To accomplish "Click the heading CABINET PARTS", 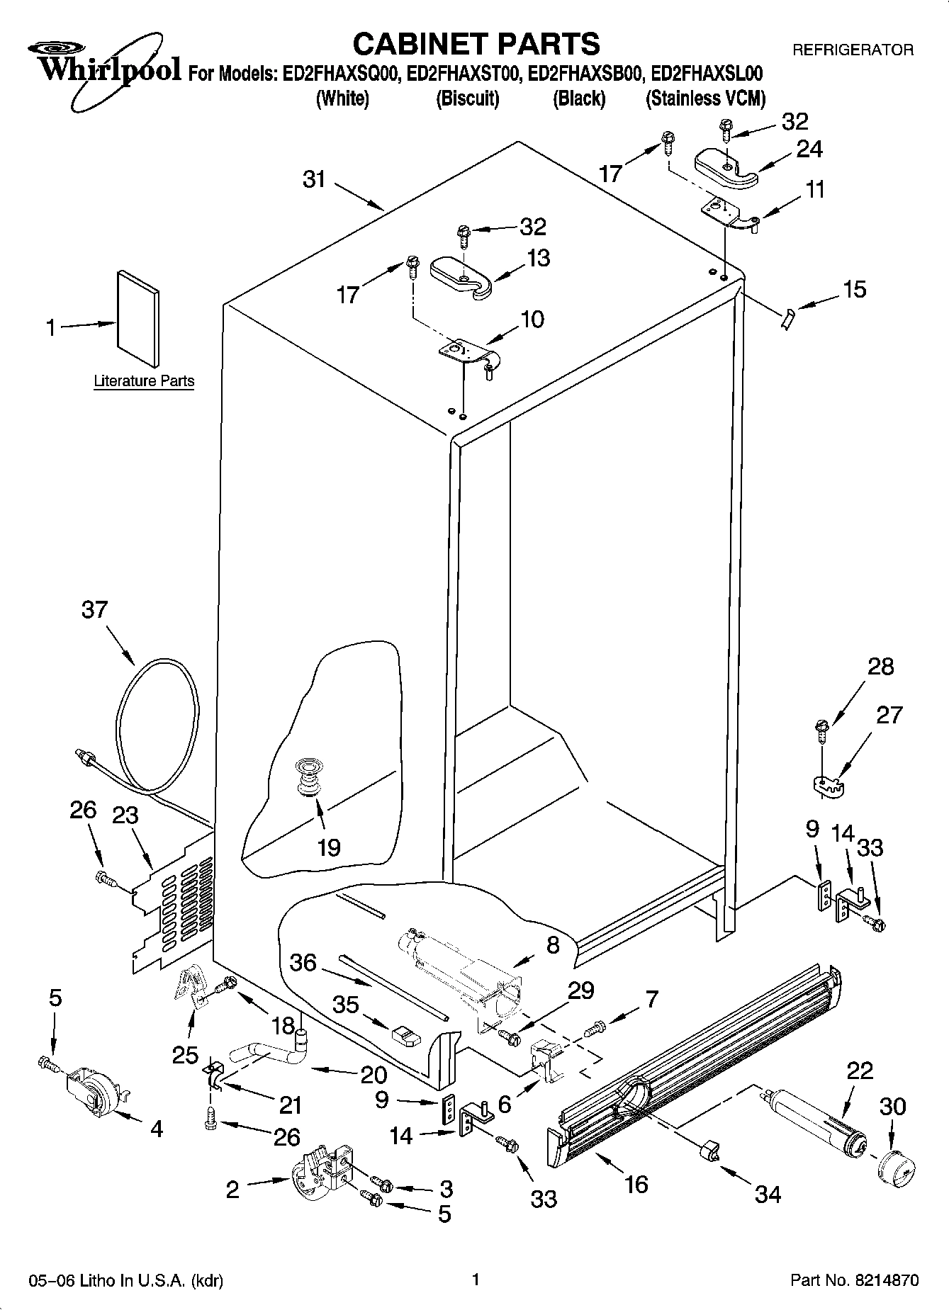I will click(476, 44).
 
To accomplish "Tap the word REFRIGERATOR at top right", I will click(853, 50).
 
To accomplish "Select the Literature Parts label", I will click(144, 381).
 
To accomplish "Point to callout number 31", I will click(314, 180).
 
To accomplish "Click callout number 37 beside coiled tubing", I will click(94, 609).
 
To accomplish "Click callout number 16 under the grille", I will click(636, 1183).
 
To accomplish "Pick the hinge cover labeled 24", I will click(726, 169).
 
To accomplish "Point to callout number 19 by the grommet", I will click(329, 847).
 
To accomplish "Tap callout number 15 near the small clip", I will click(855, 289).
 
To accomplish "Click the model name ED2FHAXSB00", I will click(585, 74).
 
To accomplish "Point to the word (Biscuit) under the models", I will click(467, 98).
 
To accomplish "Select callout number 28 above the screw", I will click(881, 667).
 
